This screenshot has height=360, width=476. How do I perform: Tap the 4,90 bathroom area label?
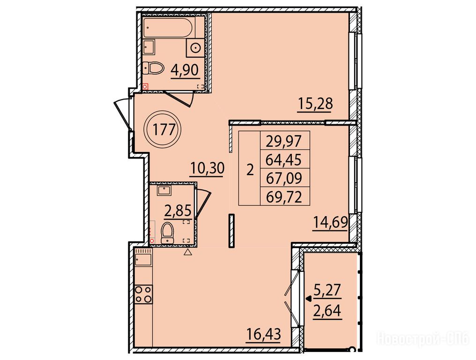click(x=185, y=70)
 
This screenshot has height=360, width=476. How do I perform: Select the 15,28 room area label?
click(x=316, y=104)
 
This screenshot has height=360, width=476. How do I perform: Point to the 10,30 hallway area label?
click(x=207, y=168)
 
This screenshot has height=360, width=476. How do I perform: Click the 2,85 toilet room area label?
click(x=178, y=211)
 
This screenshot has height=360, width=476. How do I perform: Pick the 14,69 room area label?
click(x=330, y=223)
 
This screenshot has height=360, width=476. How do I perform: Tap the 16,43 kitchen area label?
click(x=263, y=335)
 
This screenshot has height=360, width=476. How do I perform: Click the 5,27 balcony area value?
click(x=327, y=290)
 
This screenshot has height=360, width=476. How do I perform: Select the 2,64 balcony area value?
click(x=327, y=311)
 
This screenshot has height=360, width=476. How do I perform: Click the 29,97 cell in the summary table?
click(x=285, y=141)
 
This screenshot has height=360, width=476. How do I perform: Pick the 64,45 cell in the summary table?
click(x=285, y=159)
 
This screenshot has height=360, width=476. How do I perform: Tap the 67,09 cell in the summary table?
click(x=285, y=178)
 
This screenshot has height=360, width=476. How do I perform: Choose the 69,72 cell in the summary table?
click(x=285, y=196)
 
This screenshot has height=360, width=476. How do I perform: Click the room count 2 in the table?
click(x=250, y=171)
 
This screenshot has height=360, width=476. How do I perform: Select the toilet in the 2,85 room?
click(x=168, y=233)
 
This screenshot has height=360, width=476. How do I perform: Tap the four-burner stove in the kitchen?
click(x=143, y=294)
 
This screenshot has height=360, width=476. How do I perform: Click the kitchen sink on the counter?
click(x=143, y=260)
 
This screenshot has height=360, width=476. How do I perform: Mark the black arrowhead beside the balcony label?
click(x=309, y=299)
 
